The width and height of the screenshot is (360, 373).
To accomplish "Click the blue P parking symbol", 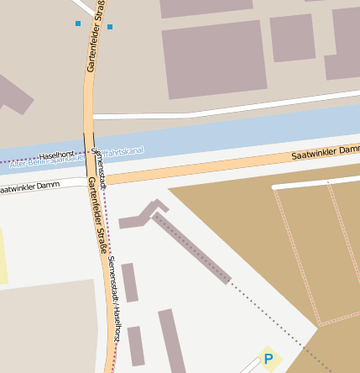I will [269, 360].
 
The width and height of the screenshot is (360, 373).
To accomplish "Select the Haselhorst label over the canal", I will [57, 155].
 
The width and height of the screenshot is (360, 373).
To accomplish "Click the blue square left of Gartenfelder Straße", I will [78, 24].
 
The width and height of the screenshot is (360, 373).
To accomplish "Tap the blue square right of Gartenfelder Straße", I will [109, 27].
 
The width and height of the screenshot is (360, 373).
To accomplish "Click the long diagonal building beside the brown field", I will [191, 248].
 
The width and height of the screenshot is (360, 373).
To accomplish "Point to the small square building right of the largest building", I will [292, 38].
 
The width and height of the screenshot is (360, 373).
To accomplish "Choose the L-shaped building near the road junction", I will [143, 215].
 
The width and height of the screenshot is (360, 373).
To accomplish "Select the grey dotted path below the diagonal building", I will [277, 323].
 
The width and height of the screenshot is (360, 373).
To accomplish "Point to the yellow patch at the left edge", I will [3, 256].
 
